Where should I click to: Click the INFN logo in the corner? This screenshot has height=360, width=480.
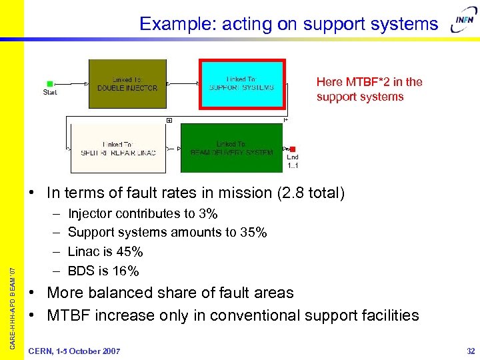click(x=463, y=24)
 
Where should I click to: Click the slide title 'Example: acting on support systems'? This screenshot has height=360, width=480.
click(x=289, y=25)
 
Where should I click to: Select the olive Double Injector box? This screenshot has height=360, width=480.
click(x=127, y=83)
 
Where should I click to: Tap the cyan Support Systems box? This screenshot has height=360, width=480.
click(x=242, y=83)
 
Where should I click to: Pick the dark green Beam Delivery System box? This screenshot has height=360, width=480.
click(x=231, y=148)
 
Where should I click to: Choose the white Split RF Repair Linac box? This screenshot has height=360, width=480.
click(x=117, y=148)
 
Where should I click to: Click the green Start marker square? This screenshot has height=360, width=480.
click(x=50, y=84)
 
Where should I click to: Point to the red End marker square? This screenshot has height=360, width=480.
click(x=293, y=149)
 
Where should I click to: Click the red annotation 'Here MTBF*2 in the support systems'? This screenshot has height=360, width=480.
click(x=369, y=89)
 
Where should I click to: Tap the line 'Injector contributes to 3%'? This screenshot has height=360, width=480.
click(x=143, y=214)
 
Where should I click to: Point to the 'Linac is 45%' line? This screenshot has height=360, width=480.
click(x=105, y=251)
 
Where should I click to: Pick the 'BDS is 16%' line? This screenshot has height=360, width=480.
click(x=103, y=271)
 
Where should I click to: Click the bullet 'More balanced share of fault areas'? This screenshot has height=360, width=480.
click(x=170, y=293)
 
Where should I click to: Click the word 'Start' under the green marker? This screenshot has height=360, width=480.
click(x=50, y=93)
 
